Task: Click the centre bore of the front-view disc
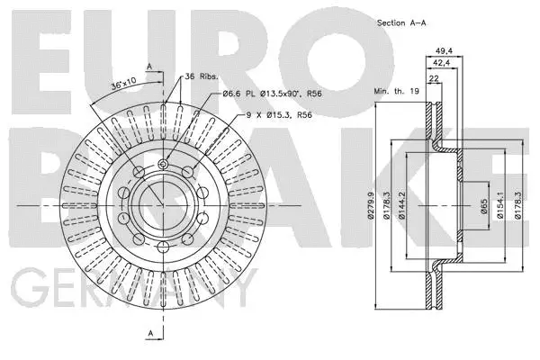coord(161,206)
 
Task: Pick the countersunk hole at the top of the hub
coord(161,164)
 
